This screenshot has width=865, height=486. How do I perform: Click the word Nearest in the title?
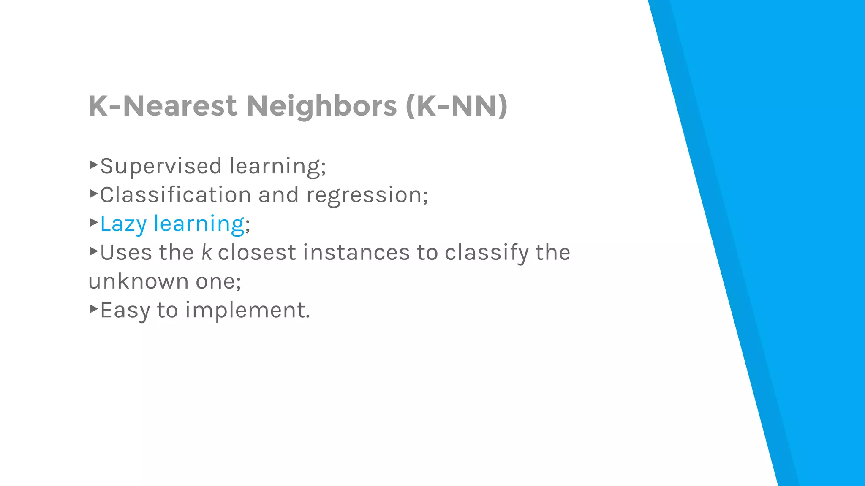tap(180, 105)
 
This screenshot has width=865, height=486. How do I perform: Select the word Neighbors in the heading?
tap(321, 105)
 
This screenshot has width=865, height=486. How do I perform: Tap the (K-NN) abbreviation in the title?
tap(456, 105)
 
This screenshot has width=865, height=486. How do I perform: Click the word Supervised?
tap(161, 166)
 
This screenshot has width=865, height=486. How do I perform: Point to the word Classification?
tap(176, 195)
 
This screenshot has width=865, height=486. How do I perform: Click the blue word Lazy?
tap(123, 224)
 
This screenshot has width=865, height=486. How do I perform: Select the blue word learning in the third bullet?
tap(199, 224)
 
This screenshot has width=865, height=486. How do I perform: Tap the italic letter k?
tap(206, 252)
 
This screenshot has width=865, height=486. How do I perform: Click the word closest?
tap(257, 252)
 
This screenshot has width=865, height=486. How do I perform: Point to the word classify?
tap(487, 252)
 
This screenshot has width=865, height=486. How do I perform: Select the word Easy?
tap(125, 310)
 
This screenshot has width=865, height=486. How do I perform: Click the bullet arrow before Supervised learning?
tap(93, 164)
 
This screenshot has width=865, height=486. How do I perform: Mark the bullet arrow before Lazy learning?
tap(93, 222)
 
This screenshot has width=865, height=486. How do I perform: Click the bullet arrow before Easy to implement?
tap(93, 308)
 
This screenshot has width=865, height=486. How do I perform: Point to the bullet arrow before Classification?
tap(93, 193)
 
